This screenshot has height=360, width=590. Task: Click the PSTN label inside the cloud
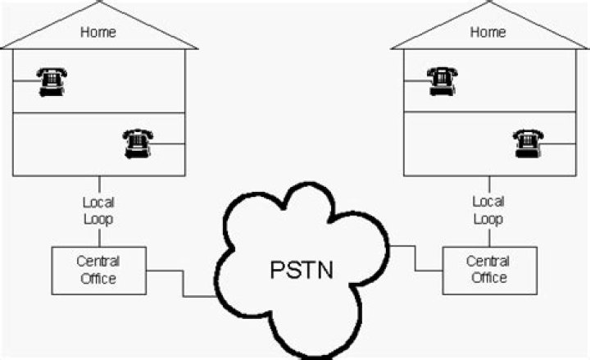pyautogui.click(x=302, y=270)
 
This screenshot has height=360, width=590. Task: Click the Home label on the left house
pyautogui.click(x=98, y=33)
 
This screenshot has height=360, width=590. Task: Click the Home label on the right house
pyautogui.click(x=488, y=33)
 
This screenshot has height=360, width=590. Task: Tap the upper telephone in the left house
pyautogui.click(x=52, y=81)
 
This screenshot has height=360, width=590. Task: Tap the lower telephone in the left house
pyautogui.click(x=137, y=144)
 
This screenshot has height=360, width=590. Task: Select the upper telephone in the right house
pyautogui.click(x=442, y=81)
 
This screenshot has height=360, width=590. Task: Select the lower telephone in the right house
pyautogui.click(x=528, y=144)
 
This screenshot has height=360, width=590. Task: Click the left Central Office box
pyautogui.click(x=98, y=270)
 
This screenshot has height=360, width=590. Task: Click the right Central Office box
pyautogui.click(x=488, y=270)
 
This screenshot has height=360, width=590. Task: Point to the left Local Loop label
pyautogui.click(x=98, y=211)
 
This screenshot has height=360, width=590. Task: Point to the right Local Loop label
pyautogui.click(x=488, y=211)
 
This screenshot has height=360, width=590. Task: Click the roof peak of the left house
pyautogui.click(x=98, y=3)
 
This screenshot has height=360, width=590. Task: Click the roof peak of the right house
pyautogui.click(x=488, y=3)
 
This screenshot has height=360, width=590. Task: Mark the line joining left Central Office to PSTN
pyautogui.click(x=184, y=283)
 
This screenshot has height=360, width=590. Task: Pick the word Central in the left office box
pyautogui.click(x=98, y=262)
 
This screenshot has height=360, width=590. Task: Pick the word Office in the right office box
pyautogui.click(x=488, y=278)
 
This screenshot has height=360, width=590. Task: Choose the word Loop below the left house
pyautogui.click(x=98, y=219)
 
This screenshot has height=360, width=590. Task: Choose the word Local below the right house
pyautogui.click(x=488, y=202)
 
